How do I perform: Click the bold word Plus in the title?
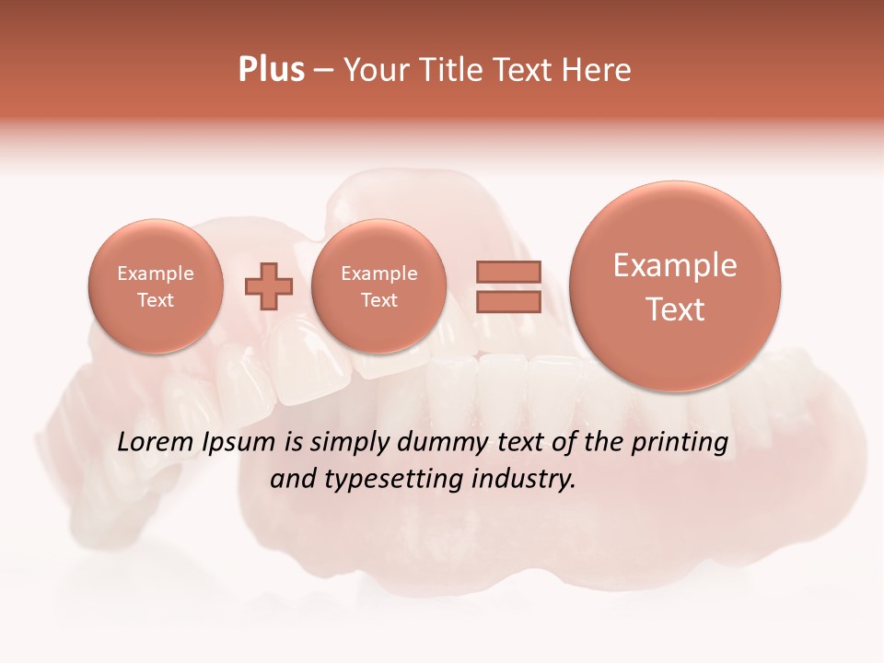[x=271, y=70]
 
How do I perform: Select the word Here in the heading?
[x=599, y=70]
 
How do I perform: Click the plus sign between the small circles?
[x=269, y=286]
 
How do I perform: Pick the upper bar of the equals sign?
[x=507, y=272]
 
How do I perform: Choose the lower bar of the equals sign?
[x=507, y=301]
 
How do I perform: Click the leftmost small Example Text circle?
[x=156, y=285]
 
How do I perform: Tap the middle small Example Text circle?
[x=379, y=285]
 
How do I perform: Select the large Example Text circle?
[x=675, y=286]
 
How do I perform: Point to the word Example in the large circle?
[x=675, y=265]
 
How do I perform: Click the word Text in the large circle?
[x=675, y=309]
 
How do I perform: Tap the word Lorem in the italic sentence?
[x=155, y=442]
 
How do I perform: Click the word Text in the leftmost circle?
[x=156, y=300]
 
